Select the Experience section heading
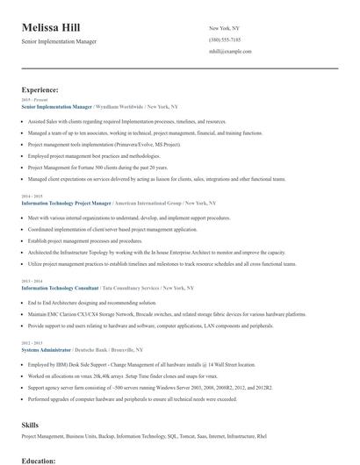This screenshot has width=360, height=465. (40, 89)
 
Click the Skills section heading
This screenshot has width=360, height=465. (30, 424)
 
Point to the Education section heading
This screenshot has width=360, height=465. (39, 460)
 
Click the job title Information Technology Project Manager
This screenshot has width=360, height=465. (78, 203)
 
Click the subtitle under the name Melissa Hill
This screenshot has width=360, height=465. (60, 41)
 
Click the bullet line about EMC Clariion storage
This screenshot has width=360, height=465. (167, 313)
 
